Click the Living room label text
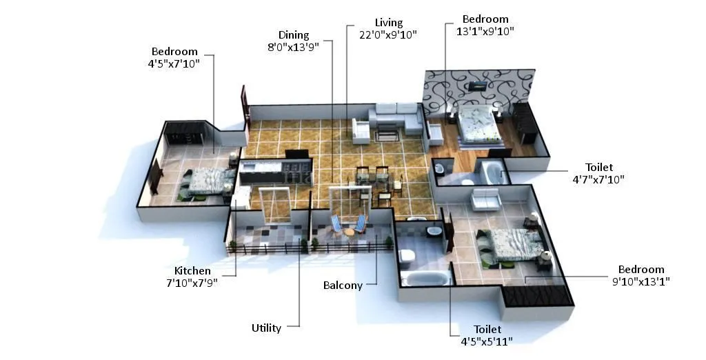388,23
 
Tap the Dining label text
294,35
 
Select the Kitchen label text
192,270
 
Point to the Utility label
266,328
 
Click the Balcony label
343,286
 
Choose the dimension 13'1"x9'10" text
485,31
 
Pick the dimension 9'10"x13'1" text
641,281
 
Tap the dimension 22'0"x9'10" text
388,34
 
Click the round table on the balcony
350,231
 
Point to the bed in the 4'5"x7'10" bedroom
205,181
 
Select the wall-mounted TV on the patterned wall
478,86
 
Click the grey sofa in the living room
396,119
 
